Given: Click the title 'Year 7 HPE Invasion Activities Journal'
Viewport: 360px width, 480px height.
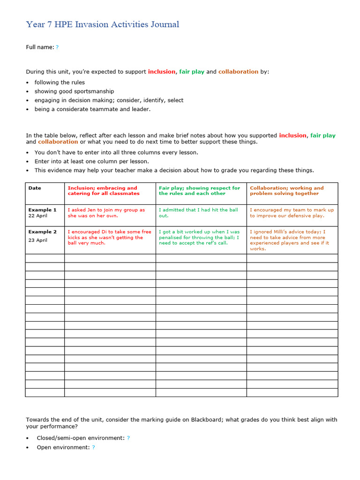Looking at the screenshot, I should (102, 24).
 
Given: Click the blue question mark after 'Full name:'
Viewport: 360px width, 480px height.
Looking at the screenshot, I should (57, 47).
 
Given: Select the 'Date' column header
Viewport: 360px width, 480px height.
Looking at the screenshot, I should (35, 188).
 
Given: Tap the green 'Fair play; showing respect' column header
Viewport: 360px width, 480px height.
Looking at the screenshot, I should (199, 191).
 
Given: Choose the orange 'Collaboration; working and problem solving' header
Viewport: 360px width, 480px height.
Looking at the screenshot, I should (286, 191).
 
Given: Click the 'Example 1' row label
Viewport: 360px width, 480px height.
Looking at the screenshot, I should (42, 210).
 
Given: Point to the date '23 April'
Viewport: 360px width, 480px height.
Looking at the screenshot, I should (38, 240).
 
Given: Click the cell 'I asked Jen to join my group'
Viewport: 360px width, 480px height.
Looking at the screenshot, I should (106, 213).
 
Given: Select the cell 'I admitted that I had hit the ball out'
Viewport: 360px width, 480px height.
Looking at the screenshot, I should (198, 213).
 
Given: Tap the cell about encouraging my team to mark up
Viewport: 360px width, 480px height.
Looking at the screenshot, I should (292, 213).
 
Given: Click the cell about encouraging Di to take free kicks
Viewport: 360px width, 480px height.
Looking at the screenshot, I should (109, 237).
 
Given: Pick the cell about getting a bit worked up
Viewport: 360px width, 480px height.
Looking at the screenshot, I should (199, 237).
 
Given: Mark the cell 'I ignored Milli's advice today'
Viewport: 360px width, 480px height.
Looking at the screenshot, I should (289, 240).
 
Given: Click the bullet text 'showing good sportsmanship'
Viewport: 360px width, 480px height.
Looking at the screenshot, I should (74, 91).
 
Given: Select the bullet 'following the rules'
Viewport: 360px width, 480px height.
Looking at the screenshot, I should (60, 82).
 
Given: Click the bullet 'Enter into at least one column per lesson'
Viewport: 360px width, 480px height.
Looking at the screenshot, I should (91, 161).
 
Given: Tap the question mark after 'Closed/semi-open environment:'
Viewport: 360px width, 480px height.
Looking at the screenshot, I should (128, 438).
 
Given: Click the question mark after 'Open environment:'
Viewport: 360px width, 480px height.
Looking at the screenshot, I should (93, 447).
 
